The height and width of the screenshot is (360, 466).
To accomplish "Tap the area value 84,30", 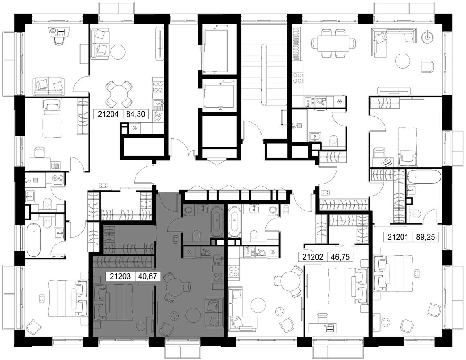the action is point(136,115).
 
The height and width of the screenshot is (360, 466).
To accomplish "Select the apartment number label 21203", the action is point(120,277).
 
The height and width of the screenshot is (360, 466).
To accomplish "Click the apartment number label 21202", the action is point(313,257).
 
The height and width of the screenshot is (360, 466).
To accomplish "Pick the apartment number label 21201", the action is point(398,237).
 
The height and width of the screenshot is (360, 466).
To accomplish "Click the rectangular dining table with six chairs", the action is point(333,43).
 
